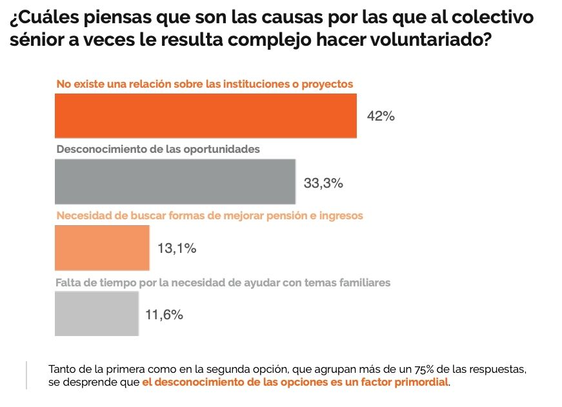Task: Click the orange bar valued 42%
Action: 205,115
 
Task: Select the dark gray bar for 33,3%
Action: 175,182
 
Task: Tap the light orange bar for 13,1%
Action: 102,248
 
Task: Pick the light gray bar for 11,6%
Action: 97,313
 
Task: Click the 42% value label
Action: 380,116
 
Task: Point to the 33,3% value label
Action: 323,183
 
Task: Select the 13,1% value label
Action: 177,248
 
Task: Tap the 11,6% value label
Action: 164,315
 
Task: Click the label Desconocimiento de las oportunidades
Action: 158,149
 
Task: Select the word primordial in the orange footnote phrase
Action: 422,382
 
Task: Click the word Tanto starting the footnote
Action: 62,370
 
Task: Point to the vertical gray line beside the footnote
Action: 27,375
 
